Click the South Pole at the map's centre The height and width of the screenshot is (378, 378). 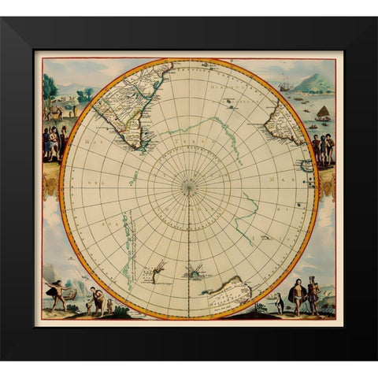click(189, 187)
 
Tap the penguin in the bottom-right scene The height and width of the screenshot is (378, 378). click(279, 304)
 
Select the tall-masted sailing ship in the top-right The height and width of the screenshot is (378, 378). click(284, 84)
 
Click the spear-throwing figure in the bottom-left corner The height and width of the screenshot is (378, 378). click(57, 292)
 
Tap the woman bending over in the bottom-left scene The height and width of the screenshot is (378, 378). click(96, 298)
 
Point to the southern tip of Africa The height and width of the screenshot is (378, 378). click(298, 142)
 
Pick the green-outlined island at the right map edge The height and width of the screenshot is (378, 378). click(306, 166)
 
